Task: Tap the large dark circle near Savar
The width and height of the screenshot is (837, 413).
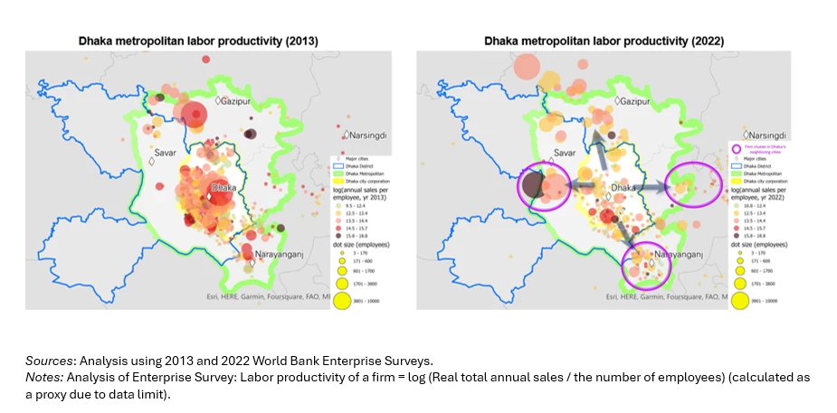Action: [534, 187]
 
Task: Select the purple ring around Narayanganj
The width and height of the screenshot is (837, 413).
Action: [646, 265]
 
